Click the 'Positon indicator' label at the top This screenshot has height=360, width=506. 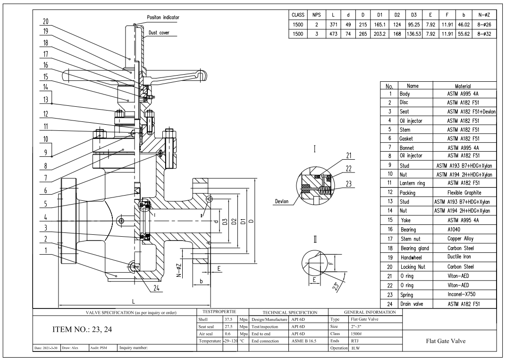[163, 17]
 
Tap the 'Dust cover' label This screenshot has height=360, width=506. [159, 33]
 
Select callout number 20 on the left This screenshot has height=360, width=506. [45, 21]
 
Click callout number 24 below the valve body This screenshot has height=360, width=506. [157, 288]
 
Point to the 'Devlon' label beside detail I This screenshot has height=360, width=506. [282, 201]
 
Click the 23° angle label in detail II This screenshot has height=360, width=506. [336, 286]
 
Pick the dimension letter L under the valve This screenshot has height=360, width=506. [134, 301]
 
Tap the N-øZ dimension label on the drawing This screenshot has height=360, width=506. [179, 271]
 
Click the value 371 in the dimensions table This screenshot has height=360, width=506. [333, 25]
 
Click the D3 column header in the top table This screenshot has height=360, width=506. [413, 15]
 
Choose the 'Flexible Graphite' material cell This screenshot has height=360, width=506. [464, 192]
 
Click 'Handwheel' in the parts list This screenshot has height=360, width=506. [411, 257]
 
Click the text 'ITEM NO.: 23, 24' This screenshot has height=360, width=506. [82, 330]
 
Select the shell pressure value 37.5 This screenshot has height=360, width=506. [228, 319]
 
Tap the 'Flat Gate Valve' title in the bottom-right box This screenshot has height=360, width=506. [446, 341]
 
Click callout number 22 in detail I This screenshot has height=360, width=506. [348, 169]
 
